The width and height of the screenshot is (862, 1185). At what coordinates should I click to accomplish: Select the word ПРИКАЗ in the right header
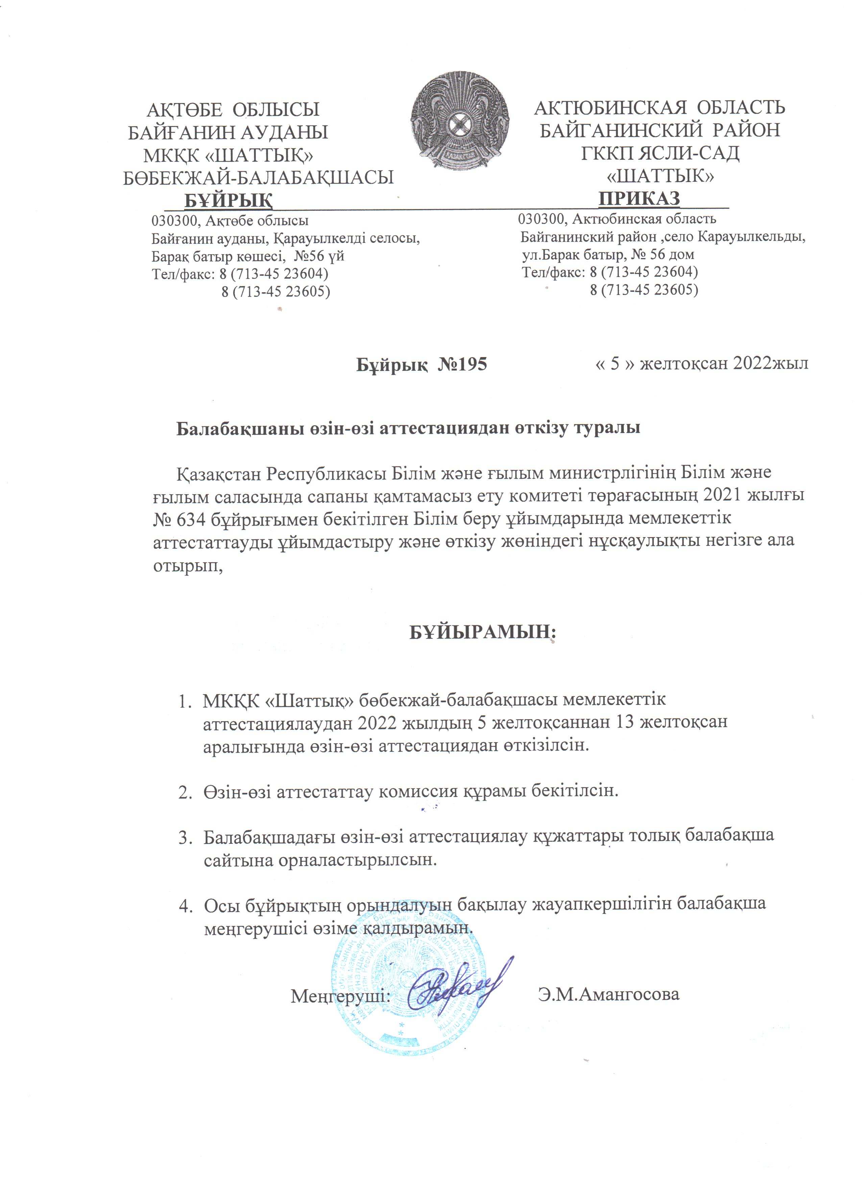(639, 198)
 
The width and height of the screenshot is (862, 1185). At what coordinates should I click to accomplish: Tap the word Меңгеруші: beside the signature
(341, 995)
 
